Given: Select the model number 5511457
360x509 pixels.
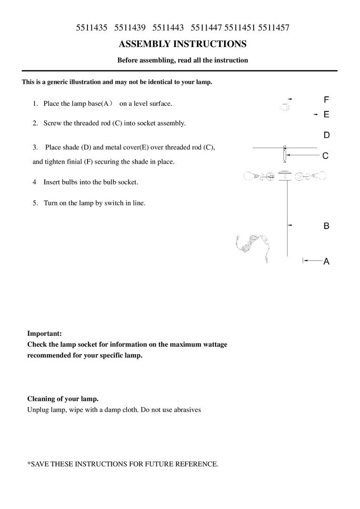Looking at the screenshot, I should (274, 28).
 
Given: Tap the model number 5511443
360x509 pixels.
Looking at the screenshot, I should (168, 28).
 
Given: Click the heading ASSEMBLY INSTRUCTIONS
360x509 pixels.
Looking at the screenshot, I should (183, 44).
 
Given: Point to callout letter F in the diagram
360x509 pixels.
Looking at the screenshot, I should (326, 100).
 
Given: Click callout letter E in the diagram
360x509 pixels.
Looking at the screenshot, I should (326, 114).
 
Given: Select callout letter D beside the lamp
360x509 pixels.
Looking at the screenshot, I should (326, 135).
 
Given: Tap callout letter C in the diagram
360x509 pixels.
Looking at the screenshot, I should (325, 156).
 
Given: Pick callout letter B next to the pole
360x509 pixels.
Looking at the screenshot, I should (326, 226).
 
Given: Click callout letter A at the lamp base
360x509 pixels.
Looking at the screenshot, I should (326, 262).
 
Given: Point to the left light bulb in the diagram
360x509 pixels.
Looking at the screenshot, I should (251, 176).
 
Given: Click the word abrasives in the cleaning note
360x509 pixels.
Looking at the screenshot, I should (185, 410).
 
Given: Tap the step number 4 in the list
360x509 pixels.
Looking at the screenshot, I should (34, 182).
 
